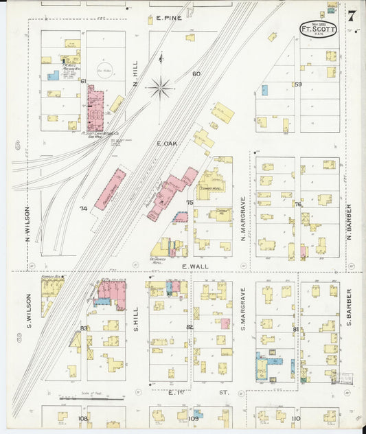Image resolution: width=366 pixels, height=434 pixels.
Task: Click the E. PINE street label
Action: coord(169,18)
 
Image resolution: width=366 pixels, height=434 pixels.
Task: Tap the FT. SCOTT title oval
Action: coord(319,29)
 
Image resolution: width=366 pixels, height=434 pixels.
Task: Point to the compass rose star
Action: coord(161,87)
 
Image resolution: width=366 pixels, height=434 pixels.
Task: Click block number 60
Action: coord(196,73)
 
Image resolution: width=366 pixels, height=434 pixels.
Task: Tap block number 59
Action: coord(298,84)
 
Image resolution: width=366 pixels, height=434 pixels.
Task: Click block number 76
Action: coord(298,204)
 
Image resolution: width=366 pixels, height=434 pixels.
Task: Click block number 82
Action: coord(189,328)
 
